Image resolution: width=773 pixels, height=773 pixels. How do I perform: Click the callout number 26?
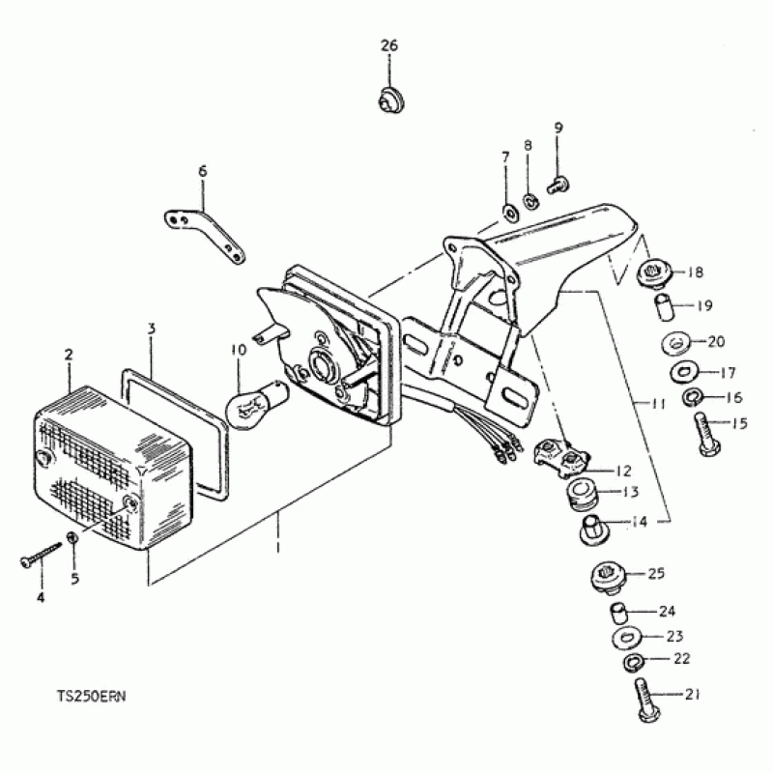coord(388,46)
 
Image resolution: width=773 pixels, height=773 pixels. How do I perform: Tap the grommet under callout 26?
coord(389,100)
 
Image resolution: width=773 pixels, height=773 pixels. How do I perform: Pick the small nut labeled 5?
coord(73,537)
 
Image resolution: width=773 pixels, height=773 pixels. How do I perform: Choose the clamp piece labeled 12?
coord(561,455)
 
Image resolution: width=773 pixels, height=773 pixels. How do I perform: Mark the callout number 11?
coord(657,404)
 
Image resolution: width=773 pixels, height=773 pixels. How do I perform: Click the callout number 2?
coord(69,355)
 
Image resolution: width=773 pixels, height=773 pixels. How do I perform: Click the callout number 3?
coord(152,329)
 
